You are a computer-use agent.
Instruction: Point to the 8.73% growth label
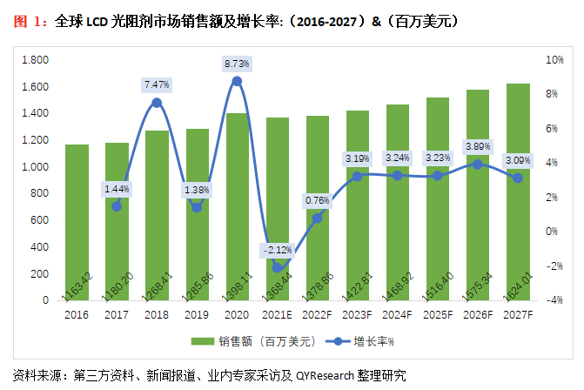click(x=237, y=64)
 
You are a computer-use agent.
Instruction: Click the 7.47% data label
click(x=157, y=84)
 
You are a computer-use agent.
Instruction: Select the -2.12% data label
click(x=278, y=251)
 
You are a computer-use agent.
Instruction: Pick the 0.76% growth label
click(x=318, y=200)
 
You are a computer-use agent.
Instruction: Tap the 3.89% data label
click(x=478, y=146)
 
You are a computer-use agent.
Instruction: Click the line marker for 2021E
click(x=278, y=267)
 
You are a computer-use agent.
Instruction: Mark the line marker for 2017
click(x=117, y=206)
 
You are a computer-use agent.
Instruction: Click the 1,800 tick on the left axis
click(x=34, y=60)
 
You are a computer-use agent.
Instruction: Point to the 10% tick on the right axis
click(x=554, y=60)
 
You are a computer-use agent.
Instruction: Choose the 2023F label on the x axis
click(x=358, y=314)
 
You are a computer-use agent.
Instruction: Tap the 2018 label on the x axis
click(x=157, y=314)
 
